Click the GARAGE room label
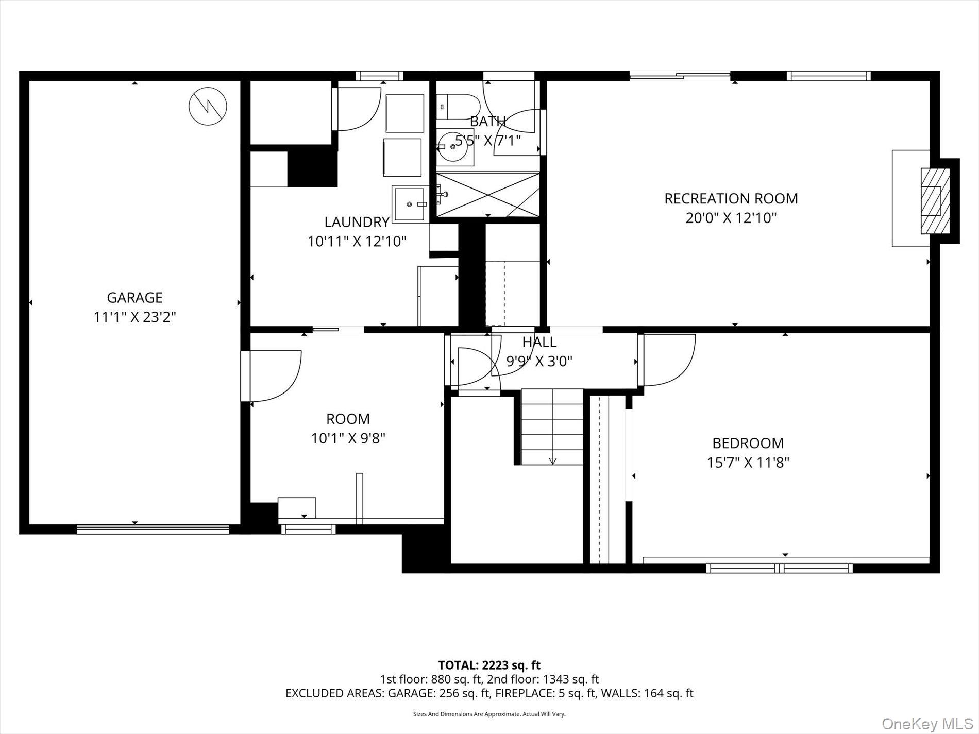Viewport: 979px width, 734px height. coord(134,298)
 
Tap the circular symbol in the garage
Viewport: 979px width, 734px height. coord(208,107)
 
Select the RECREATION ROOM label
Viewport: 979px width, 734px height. coord(731,198)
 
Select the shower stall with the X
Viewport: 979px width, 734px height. coord(488,195)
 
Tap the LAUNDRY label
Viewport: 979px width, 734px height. coord(357,222)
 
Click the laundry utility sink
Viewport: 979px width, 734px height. coord(410,204)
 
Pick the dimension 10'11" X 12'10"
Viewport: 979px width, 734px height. coord(357,241)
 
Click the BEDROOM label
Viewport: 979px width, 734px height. coord(748,443)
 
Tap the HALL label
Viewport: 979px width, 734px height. coord(539,342)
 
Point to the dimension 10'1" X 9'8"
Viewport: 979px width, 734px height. coord(348,438)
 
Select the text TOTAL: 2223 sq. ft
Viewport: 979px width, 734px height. coord(489,665)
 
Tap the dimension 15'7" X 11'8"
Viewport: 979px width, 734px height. coord(748,463)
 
